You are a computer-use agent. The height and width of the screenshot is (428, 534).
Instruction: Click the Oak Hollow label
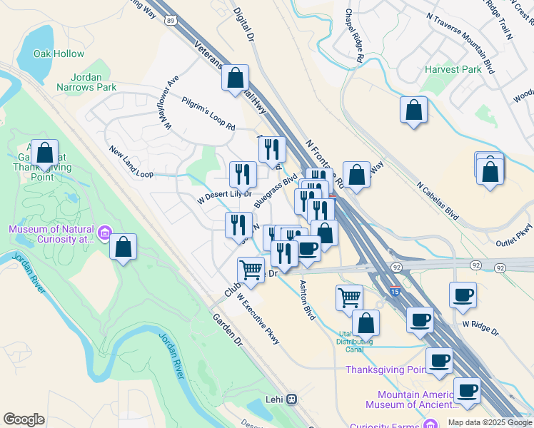pos(59,53)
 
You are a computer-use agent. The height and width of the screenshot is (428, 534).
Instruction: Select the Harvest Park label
pos(453,70)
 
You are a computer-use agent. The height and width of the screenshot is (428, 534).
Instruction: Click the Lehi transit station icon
pos(291,399)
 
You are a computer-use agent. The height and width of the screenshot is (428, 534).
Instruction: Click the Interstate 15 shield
pos(396,291)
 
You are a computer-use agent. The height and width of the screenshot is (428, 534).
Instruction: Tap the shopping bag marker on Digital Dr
pos(236,78)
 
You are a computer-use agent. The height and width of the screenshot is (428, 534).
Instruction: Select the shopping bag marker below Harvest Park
pos(413,111)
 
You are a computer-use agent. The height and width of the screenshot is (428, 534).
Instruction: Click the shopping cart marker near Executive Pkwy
pos(251,270)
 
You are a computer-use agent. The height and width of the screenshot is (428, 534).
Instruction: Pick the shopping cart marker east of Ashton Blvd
pos(349,297)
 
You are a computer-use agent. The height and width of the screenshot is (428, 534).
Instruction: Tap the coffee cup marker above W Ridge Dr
pos(463,295)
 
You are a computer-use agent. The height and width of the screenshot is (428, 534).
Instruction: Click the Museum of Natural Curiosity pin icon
pos(104,233)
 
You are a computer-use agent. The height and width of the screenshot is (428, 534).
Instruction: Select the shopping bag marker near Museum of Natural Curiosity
pos(124,248)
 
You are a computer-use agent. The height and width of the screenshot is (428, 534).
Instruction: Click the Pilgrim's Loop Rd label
pos(208,113)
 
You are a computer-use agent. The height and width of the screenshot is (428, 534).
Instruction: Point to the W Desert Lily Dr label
pos(224,194)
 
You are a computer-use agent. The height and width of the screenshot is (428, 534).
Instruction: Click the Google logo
pos(24,419)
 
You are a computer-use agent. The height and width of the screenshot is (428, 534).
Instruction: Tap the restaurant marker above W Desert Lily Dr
pos(243,173)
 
